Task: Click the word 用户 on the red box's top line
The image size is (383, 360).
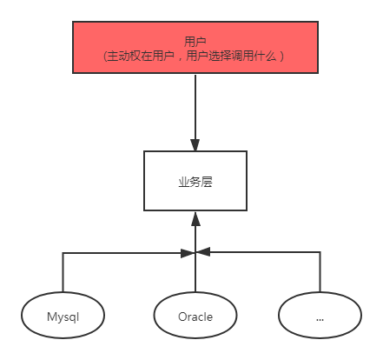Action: (x=195, y=41)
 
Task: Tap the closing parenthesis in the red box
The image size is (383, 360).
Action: (x=282, y=56)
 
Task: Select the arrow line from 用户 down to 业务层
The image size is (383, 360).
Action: (x=195, y=109)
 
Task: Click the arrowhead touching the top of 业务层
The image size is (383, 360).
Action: (x=195, y=145)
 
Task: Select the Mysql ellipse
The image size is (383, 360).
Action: (x=63, y=316)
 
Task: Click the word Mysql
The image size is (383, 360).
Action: (x=63, y=317)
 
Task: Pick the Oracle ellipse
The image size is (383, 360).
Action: (x=195, y=316)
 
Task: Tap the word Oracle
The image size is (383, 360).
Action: (x=195, y=317)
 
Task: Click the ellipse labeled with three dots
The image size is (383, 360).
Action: (x=320, y=316)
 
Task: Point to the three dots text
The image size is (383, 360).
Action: (x=320, y=318)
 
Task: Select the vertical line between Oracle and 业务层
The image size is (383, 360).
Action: (x=195, y=270)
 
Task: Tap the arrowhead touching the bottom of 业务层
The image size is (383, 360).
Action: (x=195, y=217)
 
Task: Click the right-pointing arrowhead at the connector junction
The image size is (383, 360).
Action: (x=187, y=252)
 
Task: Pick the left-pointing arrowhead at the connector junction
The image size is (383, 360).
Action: (x=204, y=252)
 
